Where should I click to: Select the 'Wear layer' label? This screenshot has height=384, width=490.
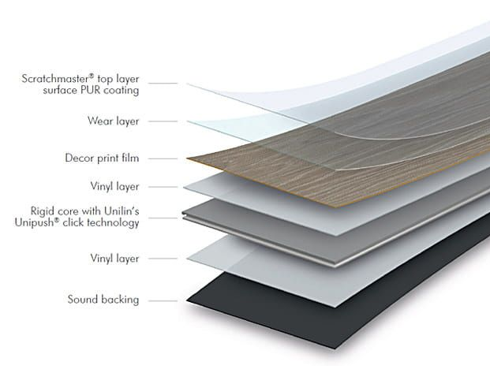(x=113, y=121)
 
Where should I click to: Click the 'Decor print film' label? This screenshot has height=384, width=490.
(x=102, y=158)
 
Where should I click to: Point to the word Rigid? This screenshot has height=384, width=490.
(x=45, y=211)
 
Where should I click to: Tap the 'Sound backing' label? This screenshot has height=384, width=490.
(x=103, y=299)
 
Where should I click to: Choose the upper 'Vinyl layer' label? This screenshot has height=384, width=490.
(x=115, y=187)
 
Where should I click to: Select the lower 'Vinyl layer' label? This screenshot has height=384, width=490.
(x=115, y=258)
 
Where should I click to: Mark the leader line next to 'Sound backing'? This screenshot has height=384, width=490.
(x=162, y=300)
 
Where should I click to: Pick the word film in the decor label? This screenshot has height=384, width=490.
(x=130, y=158)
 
